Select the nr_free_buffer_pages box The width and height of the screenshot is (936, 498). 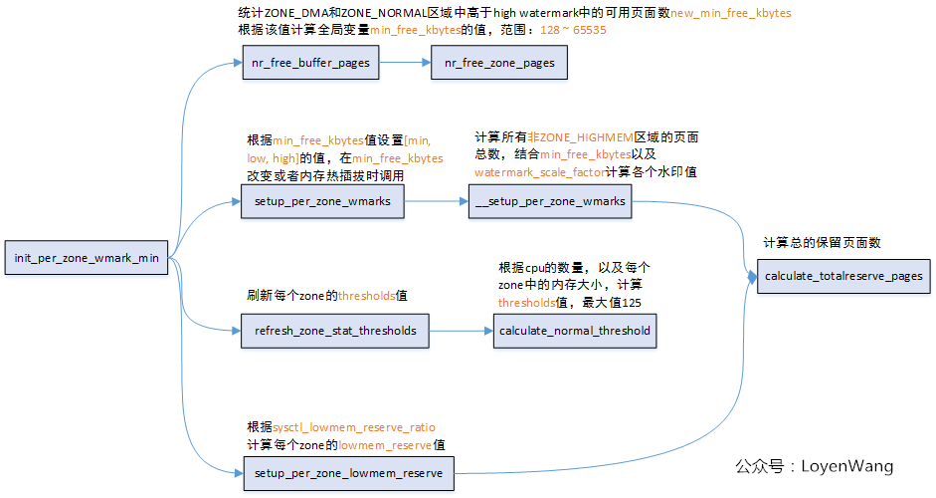pyautogui.click(x=310, y=63)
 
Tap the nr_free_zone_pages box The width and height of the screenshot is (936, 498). pyautogui.click(x=499, y=63)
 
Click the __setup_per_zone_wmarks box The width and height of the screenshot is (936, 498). pyautogui.click(x=550, y=201)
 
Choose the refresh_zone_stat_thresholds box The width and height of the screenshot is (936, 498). pyautogui.click(x=334, y=330)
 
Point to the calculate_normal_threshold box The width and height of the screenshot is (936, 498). pyautogui.click(x=575, y=330)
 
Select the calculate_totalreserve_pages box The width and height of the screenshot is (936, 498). pyautogui.click(x=844, y=276)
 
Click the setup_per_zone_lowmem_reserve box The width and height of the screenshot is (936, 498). pyautogui.click(x=348, y=472)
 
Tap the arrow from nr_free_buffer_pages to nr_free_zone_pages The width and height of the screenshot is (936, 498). pyautogui.click(x=404, y=63)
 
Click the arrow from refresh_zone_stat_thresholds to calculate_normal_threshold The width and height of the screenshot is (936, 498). pyautogui.click(x=460, y=330)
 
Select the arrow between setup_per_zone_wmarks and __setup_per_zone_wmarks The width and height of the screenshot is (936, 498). pyautogui.click(x=436, y=201)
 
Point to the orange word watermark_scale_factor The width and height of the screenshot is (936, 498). pyautogui.click(x=539, y=171)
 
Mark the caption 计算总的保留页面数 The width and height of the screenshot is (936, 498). pyautogui.click(x=822, y=242)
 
